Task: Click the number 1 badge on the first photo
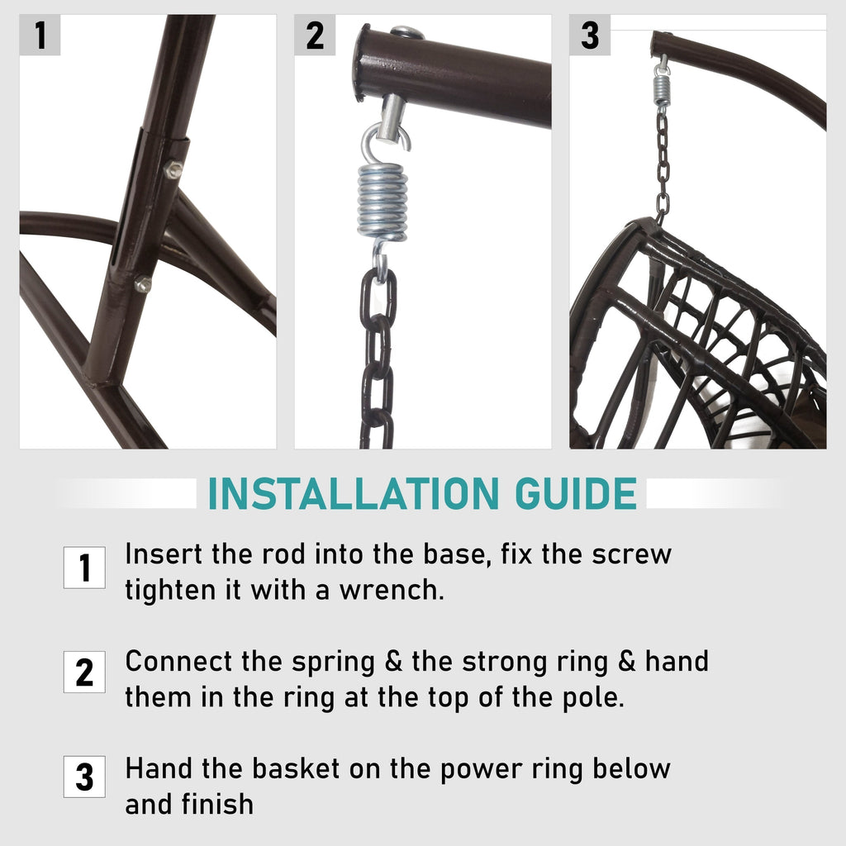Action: [40, 35]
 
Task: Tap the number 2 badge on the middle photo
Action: [315, 35]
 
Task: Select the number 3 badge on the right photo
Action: [590, 35]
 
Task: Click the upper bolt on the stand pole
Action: [173, 169]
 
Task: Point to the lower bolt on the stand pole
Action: [143, 284]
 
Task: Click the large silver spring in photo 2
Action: [383, 202]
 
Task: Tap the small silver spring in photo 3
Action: [662, 89]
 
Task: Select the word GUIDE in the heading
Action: [576, 493]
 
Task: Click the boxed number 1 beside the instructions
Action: [84, 568]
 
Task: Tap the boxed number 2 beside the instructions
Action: [84, 672]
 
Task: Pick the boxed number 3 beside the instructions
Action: [84, 777]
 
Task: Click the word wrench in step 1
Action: [392, 590]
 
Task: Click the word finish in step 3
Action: [217, 804]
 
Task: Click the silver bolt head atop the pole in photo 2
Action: [406, 32]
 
